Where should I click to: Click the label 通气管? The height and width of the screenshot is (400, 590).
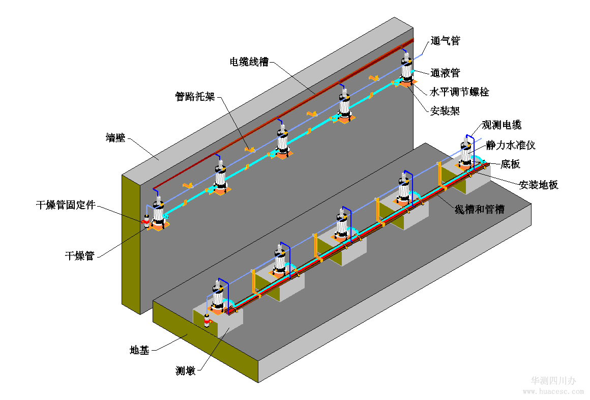point(445,41)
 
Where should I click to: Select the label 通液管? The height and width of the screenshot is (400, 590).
point(445,73)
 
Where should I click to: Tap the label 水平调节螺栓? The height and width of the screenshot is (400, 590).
point(459,92)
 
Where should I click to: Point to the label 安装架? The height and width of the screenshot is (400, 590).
point(445,110)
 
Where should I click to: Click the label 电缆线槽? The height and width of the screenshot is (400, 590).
point(249,62)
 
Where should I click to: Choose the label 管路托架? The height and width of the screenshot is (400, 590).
point(195,96)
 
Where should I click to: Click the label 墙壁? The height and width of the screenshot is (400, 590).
point(115,137)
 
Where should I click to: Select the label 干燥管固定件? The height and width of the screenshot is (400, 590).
point(66,206)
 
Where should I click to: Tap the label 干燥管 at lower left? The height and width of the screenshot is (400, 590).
point(80,255)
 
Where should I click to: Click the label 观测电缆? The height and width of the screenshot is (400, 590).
point(501,125)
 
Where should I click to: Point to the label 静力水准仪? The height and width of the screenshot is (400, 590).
point(511,146)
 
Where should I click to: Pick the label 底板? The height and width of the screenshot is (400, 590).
point(510,164)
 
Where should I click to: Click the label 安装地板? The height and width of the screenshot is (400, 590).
point(539,185)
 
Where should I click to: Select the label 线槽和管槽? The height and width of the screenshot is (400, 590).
point(479,209)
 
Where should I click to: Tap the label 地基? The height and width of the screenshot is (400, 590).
point(139,350)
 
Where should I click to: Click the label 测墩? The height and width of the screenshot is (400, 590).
point(186,370)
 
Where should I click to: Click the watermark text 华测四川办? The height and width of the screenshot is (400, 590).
point(553,381)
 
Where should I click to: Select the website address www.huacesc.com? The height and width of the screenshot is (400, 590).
point(553,392)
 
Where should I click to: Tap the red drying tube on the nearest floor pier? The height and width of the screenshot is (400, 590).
point(207,322)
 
